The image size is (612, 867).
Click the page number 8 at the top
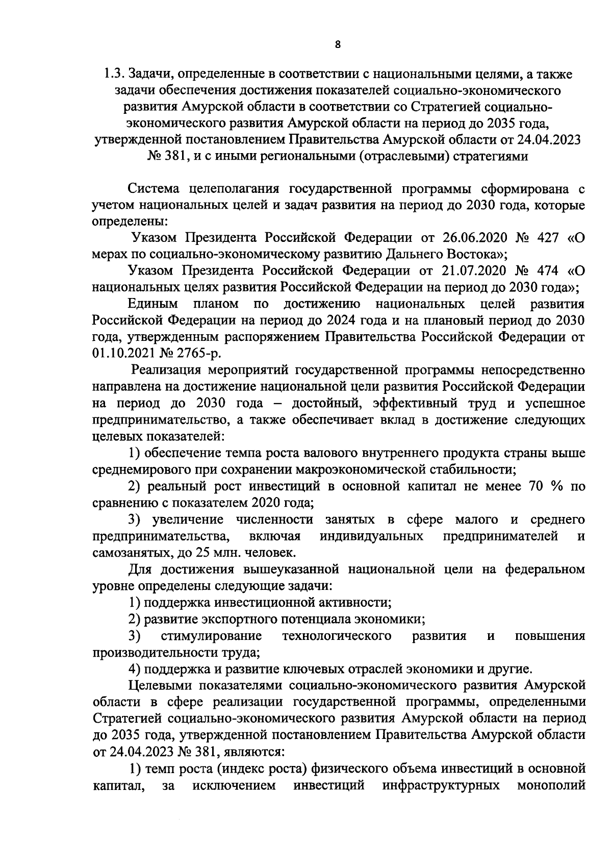click(x=338, y=45)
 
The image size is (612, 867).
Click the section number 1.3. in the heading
click(x=113, y=74)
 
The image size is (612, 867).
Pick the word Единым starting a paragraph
click(x=153, y=304)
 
